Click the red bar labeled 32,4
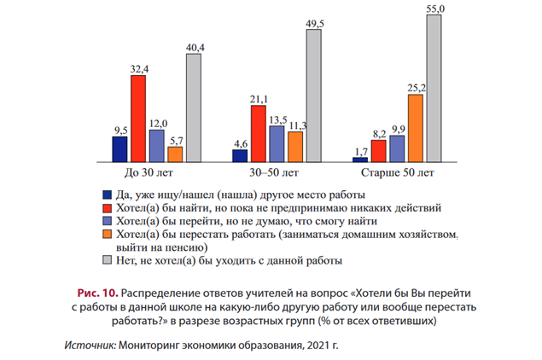coord(138,118)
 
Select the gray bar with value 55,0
coord(434,88)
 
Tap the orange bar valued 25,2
coord(416,127)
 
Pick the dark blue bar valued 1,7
coord(360,159)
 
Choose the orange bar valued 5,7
coord(175,154)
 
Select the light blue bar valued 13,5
coord(277,143)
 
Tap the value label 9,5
coord(119,130)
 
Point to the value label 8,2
coord(379,133)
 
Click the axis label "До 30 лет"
coord(156,173)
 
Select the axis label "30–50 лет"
coord(276,173)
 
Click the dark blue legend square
coord(107,193)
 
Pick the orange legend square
coord(107,233)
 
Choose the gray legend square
coord(107,259)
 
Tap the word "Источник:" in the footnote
coord(90,345)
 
